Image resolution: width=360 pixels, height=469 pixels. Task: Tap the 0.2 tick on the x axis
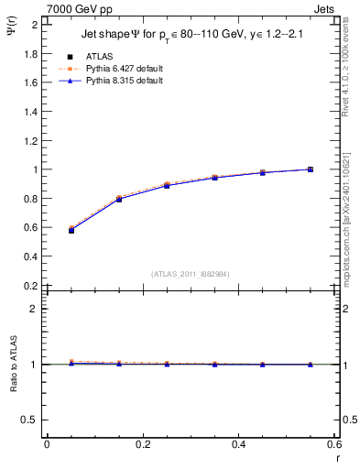142,445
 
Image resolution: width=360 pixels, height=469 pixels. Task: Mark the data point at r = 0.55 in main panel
311,169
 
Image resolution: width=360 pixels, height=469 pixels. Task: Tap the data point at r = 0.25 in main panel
167,185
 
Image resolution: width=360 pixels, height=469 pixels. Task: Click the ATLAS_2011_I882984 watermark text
190,274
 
